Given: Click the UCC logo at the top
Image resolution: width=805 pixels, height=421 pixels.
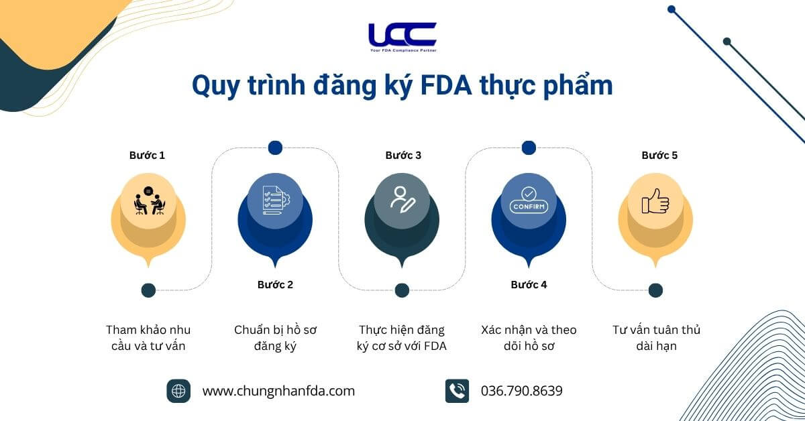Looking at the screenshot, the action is click(402, 38).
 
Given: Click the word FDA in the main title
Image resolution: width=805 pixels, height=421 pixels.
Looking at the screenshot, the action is click(445, 86).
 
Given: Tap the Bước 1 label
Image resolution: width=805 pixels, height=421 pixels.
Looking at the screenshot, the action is click(147, 155).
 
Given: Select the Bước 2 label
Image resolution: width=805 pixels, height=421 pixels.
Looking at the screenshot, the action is click(275, 284).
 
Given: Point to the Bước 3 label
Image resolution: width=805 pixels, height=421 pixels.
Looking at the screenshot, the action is click(403, 155).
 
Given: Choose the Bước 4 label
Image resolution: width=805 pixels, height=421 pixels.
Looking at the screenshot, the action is click(529, 284).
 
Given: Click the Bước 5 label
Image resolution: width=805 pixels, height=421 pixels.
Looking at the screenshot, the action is click(659, 155).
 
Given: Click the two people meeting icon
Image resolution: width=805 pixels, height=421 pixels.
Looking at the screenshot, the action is click(149, 200).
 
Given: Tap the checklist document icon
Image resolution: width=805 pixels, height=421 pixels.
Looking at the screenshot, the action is click(276, 200).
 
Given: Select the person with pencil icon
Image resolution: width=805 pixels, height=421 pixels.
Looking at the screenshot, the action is click(402, 200).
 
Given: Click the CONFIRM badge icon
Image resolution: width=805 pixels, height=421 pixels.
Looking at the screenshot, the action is click(529, 200).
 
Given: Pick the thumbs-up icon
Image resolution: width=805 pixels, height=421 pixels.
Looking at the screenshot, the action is click(655, 201).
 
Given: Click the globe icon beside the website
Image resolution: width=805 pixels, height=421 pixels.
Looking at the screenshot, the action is click(178, 391).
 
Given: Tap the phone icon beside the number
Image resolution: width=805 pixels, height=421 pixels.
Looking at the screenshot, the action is click(457, 391).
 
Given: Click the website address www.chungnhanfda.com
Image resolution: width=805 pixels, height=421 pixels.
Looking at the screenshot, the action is click(278, 391).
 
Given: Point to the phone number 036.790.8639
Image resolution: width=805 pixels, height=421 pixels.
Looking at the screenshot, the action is click(522, 391).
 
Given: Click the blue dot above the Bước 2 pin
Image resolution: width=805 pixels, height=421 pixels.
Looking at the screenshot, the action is click(275, 147).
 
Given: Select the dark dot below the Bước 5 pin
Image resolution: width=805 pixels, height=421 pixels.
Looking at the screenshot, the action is click(655, 290).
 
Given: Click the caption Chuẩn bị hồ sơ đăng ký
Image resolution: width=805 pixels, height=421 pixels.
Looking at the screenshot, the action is click(275, 338).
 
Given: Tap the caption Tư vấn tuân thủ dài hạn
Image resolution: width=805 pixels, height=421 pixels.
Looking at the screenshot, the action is click(656, 338).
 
